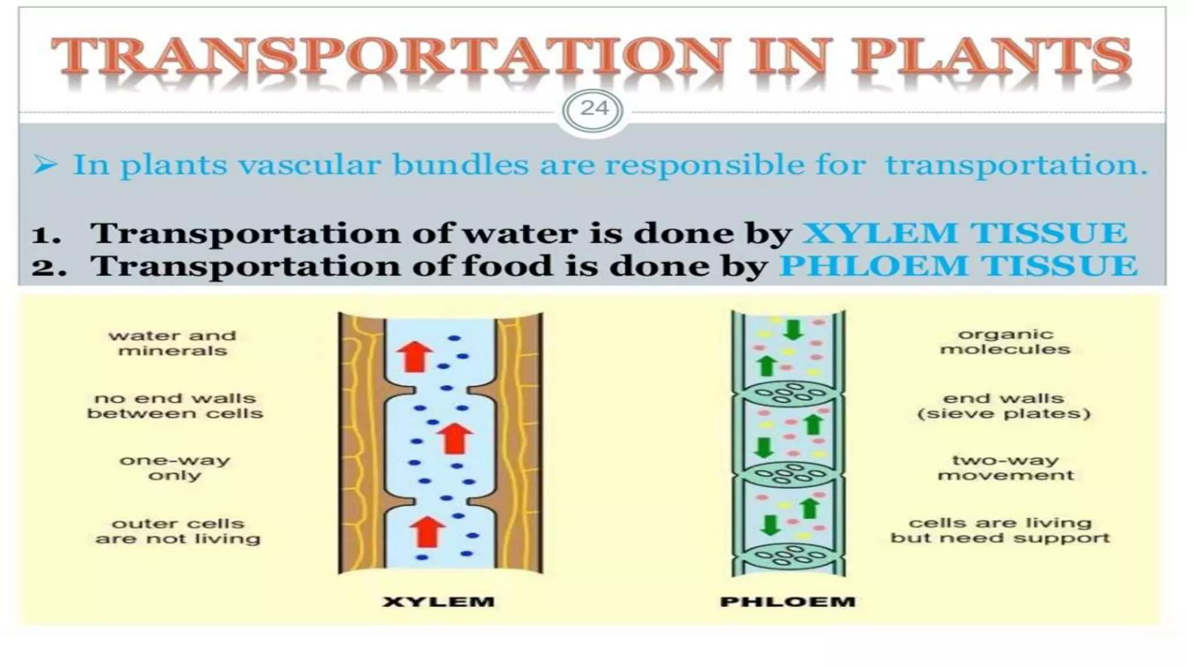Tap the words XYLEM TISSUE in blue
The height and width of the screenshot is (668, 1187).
[x=964, y=234]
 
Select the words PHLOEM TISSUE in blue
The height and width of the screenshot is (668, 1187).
[x=957, y=266]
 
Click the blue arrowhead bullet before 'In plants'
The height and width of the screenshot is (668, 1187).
[x=46, y=165]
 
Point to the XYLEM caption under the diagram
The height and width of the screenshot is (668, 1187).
[x=439, y=602]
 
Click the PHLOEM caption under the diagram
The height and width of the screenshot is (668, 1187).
[x=788, y=602]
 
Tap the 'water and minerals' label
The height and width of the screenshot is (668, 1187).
[x=173, y=343]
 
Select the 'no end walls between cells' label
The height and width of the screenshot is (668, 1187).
[x=175, y=406]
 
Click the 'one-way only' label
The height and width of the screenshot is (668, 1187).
[x=175, y=468]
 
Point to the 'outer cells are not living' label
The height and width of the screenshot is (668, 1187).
[x=178, y=531]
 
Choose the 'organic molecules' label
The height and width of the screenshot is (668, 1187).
[x=1005, y=342]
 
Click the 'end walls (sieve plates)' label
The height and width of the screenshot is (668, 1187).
[x=1004, y=406]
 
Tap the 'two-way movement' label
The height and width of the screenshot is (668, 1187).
[x=1006, y=468]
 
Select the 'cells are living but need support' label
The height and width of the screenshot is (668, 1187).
[x=1000, y=531]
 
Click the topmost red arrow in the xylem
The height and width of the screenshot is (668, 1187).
[x=414, y=356]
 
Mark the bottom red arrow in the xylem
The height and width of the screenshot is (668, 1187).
[x=427, y=531]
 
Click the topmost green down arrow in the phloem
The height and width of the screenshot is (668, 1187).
[x=793, y=329]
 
